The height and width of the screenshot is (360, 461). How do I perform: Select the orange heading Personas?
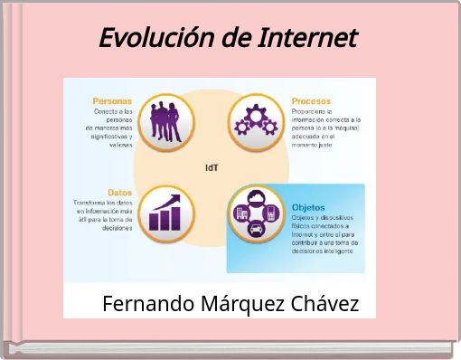pyautogui.click(x=113, y=101)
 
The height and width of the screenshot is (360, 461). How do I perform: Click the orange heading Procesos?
pyautogui.click(x=310, y=101)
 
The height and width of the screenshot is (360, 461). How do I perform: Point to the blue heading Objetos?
pyautogui.click(x=308, y=207)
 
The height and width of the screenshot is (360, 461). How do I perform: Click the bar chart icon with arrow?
pyautogui.click(x=166, y=213)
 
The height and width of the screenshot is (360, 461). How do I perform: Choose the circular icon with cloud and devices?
pyautogui.click(x=255, y=214)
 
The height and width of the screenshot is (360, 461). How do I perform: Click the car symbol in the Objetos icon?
pyautogui.click(x=257, y=227)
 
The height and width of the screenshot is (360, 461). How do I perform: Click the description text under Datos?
pyautogui.click(x=103, y=215)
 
